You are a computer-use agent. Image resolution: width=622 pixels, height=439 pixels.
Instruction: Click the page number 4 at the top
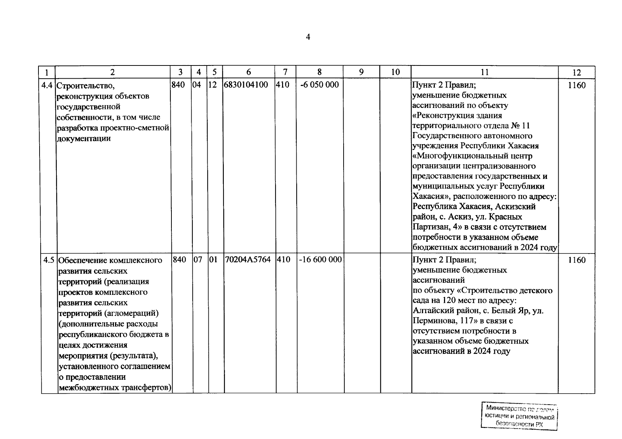click(308, 37)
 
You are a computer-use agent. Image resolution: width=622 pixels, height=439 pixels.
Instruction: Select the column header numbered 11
click(484, 72)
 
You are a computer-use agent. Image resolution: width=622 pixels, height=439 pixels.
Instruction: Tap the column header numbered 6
click(249, 72)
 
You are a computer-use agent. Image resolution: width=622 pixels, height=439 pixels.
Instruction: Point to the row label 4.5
click(49, 260)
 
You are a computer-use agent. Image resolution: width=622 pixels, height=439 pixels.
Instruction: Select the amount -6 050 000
click(319, 85)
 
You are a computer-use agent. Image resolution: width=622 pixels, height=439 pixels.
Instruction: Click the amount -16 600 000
click(320, 260)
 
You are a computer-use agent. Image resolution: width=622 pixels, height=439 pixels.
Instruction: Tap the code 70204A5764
click(248, 260)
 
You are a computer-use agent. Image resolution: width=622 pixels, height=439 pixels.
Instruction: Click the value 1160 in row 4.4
click(577, 86)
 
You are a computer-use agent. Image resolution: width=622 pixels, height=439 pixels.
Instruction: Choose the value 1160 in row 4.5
click(577, 260)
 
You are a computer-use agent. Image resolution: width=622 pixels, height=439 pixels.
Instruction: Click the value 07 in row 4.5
click(197, 260)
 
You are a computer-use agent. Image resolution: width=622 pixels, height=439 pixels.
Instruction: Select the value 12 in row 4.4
click(212, 85)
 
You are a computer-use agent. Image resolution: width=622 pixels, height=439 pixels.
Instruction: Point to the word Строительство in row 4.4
click(86, 86)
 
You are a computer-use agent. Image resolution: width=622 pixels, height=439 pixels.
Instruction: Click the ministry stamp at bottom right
click(519, 416)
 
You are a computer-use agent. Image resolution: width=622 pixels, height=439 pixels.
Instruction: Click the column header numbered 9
click(361, 72)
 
